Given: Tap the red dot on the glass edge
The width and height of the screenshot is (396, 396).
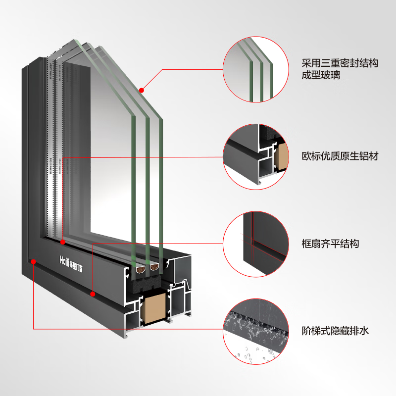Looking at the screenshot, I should click(x=141, y=90).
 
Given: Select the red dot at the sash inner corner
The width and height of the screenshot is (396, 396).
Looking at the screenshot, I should click(x=63, y=242).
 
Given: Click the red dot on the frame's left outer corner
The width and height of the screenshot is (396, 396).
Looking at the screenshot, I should click(x=33, y=261).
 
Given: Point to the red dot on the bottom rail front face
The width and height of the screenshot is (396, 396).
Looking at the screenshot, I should click(x=93, y=294).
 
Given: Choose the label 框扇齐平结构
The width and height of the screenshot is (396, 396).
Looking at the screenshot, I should click(x=330, y=244).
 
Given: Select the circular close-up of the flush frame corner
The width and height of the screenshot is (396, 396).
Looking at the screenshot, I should click(x=256, y=244).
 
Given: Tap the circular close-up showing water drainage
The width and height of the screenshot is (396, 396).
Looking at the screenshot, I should click(x=256, y=331).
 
